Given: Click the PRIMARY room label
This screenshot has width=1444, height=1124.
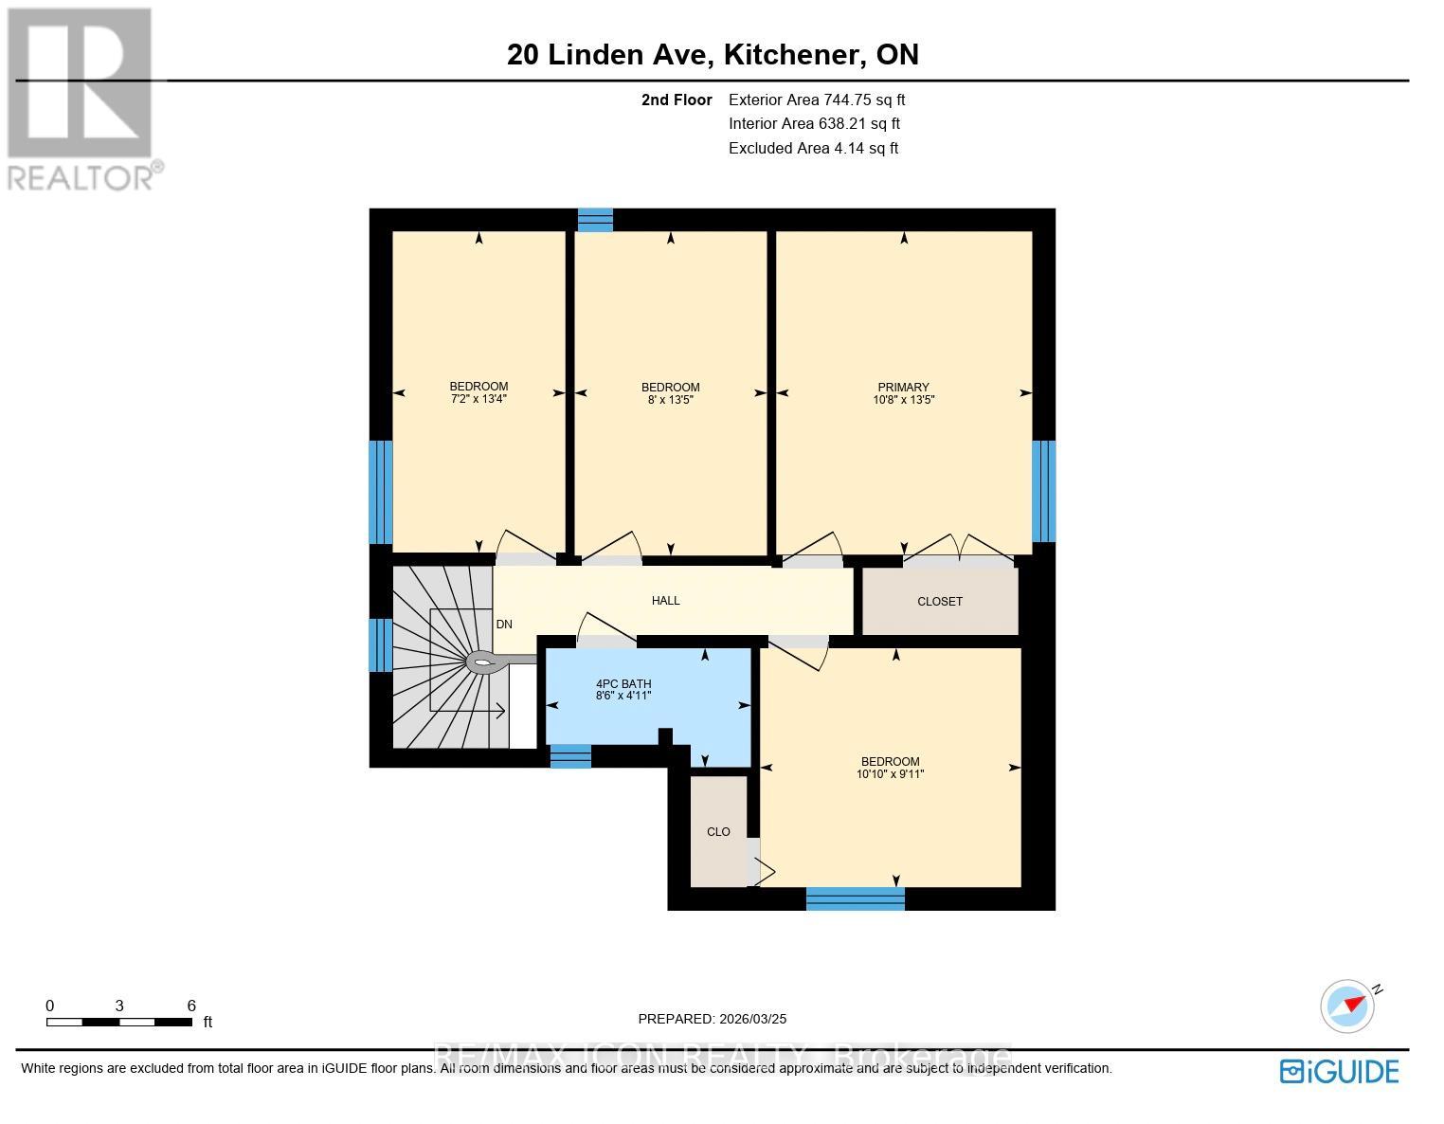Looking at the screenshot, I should tap(903, 387).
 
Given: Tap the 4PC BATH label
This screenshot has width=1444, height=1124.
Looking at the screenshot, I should tap(623, 683).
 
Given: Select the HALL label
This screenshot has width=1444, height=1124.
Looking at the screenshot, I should tap(665, 601).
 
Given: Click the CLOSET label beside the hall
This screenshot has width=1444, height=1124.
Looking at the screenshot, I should tap(939, 602).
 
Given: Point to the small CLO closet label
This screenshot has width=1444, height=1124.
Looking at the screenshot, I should tap(718, 832).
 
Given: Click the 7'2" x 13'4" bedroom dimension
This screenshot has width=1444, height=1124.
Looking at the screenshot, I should tap(478, 400).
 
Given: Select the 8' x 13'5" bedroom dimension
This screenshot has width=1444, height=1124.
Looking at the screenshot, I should tap(670, 400).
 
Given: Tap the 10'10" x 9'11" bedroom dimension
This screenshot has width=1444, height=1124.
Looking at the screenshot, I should tap(890, 774).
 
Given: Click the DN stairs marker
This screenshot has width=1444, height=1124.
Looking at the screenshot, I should tap(504, 625).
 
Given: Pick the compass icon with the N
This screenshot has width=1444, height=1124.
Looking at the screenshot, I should tap(1347, 1006).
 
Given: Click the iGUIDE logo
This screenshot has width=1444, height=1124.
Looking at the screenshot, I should tap(1339, 1071).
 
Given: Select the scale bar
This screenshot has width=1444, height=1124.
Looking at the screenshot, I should tap(120, 1022).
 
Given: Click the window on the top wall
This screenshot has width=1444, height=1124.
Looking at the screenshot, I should tap(595, 220).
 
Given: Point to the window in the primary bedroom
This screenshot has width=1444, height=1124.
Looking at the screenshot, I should tap(1043, 491).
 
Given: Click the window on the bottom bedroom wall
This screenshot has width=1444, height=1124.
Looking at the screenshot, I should tap(855, 898).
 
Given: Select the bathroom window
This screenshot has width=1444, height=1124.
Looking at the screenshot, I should tap(570, 755).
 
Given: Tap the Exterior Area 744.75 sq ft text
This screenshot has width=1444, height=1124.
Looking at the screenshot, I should tap(816, 100).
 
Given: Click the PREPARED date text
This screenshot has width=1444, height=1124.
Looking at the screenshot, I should tap(712, 1019).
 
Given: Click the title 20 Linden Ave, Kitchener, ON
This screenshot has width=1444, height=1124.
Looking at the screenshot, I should tap(713, 54).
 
